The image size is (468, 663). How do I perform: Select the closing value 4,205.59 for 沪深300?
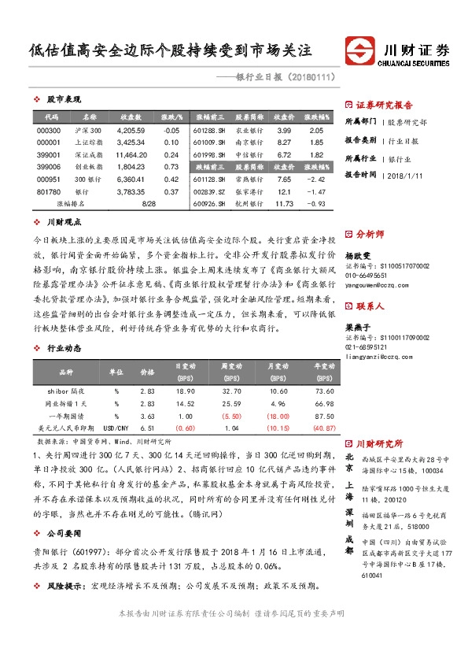coord(131,130)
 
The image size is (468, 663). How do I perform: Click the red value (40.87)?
coord(323,428)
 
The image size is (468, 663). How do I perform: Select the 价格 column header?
coord(147,370)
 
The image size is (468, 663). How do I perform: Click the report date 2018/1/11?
coord(407,176)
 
